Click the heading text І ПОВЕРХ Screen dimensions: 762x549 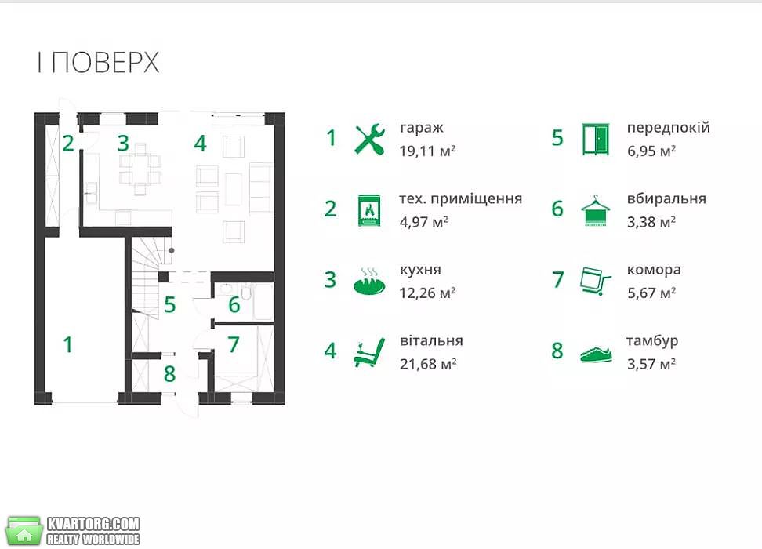tap(99, 63)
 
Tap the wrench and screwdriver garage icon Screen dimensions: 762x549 tap(370, 139)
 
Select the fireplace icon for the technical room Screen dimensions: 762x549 tap(369, 210)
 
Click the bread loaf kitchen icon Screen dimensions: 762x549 tap(369, 282)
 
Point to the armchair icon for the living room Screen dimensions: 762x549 tap(369, 353)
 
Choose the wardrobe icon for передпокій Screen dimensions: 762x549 tap(595, 139)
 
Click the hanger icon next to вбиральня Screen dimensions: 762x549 tap(595, 210)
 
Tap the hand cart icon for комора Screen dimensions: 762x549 tap(595, 281)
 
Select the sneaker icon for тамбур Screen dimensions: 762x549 tap(597, 354)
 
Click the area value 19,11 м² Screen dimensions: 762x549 tap(427, 151)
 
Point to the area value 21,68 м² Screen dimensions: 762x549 tap(428, 364)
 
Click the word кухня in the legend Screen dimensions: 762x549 tap(420, 270)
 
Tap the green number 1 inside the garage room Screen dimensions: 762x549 tap(68, 345)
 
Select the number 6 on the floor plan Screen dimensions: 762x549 tap(234, 305)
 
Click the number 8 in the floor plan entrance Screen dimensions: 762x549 tap(169, 374)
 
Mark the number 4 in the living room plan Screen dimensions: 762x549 tap(200, 143)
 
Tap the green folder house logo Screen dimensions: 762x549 tap(24, 530)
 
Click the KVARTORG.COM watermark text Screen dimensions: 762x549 tap(93, 524)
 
